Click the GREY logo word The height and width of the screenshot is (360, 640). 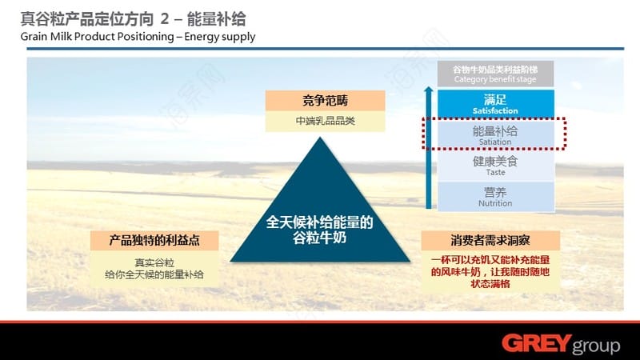(x=537, y=343)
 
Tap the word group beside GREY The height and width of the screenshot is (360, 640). (x=597, y=346)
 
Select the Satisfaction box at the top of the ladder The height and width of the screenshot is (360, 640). (x=495, y=104)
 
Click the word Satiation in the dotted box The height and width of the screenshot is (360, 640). (x=495, y=142)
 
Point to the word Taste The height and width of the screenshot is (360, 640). (x=495, y=173)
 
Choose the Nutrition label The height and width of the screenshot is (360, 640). (x=495, y=203)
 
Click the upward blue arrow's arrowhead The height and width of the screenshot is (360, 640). (x=428, y=90)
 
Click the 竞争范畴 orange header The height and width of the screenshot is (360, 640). (x=326, y=101)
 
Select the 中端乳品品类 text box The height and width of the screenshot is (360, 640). (x=326, y=122)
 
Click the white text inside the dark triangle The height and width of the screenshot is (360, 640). (x=319, y=230)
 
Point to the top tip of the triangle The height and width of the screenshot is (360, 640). (x=320, y=138)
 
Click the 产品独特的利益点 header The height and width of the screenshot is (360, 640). (x=154, y=241)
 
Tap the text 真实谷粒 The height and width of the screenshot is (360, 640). (x=154, y=263)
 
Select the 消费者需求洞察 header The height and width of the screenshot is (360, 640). (x=490, y=241)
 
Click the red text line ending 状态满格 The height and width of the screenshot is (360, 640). (x=490, y=284)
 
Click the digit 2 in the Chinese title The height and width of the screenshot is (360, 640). (x=165, y=18)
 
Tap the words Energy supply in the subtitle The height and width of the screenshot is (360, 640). (x=219, y=37)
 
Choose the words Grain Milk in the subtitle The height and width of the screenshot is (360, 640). (x=46, y=36)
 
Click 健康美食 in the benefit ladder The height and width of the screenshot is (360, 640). (x=495, y=162)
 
